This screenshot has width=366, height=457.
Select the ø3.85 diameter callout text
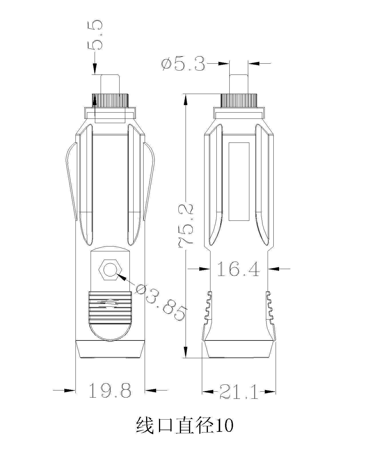tap(160, 302)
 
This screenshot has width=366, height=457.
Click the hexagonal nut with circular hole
tap(110, 270)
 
